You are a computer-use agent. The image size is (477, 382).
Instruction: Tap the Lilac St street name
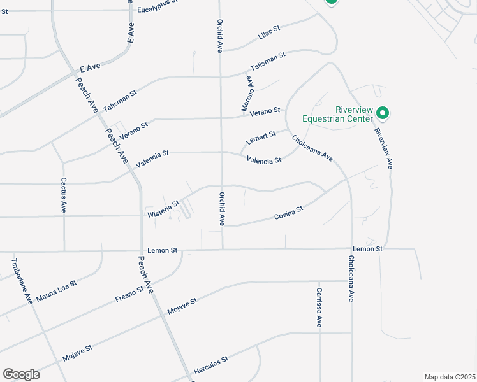click(x=270, y=33)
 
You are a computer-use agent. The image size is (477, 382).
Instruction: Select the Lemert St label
click(x=261, y=137)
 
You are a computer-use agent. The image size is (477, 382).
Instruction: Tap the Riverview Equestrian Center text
click(x=336, y=113)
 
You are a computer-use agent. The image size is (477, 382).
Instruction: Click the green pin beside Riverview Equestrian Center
click(x=383, y=113)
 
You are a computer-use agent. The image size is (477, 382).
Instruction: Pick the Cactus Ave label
click(x=64, y=195)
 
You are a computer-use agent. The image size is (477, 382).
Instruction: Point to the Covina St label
click(x=288, y=213)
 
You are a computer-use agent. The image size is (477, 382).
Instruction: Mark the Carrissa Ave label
click(x=319, y=308)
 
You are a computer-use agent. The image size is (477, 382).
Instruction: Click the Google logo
click(x=21, y=374)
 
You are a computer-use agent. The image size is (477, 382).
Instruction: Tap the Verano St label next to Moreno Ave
click(x=265, y=111)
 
